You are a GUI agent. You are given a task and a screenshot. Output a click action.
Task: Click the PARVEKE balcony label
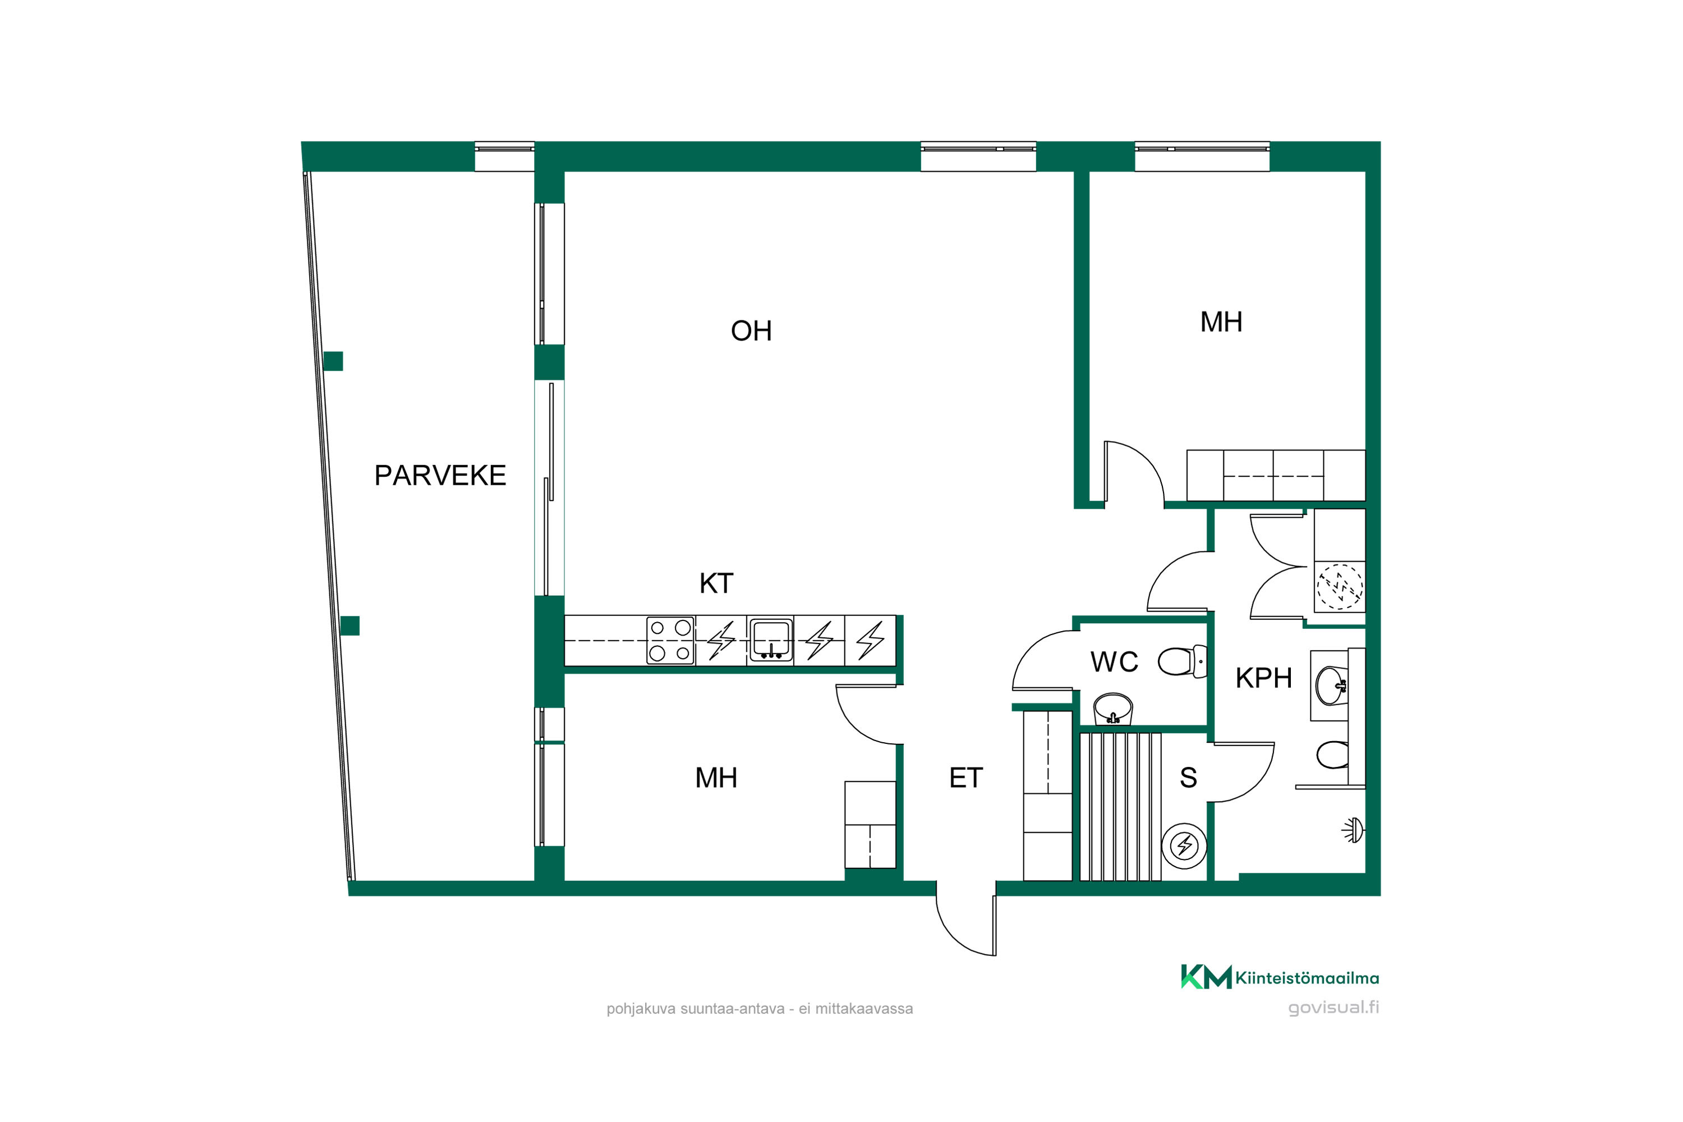440,475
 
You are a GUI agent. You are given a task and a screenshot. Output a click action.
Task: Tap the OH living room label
751,330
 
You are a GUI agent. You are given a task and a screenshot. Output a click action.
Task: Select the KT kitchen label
716,583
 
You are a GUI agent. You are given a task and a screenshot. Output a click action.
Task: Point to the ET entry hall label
966,778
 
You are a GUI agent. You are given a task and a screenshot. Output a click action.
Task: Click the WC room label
1114,662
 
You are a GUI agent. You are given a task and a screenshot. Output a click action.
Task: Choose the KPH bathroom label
1264,678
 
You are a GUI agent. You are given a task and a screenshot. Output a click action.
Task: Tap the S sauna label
1189,777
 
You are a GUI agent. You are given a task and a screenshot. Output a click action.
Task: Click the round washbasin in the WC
1112,709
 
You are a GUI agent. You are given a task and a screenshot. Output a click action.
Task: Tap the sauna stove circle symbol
1184,846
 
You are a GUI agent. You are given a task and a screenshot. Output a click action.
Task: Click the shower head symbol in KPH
1354,830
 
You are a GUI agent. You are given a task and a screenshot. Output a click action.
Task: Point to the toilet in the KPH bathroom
1333,755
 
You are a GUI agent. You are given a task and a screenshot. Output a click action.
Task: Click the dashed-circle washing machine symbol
1340,587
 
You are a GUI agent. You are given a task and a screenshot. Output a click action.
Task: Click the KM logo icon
1207,977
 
